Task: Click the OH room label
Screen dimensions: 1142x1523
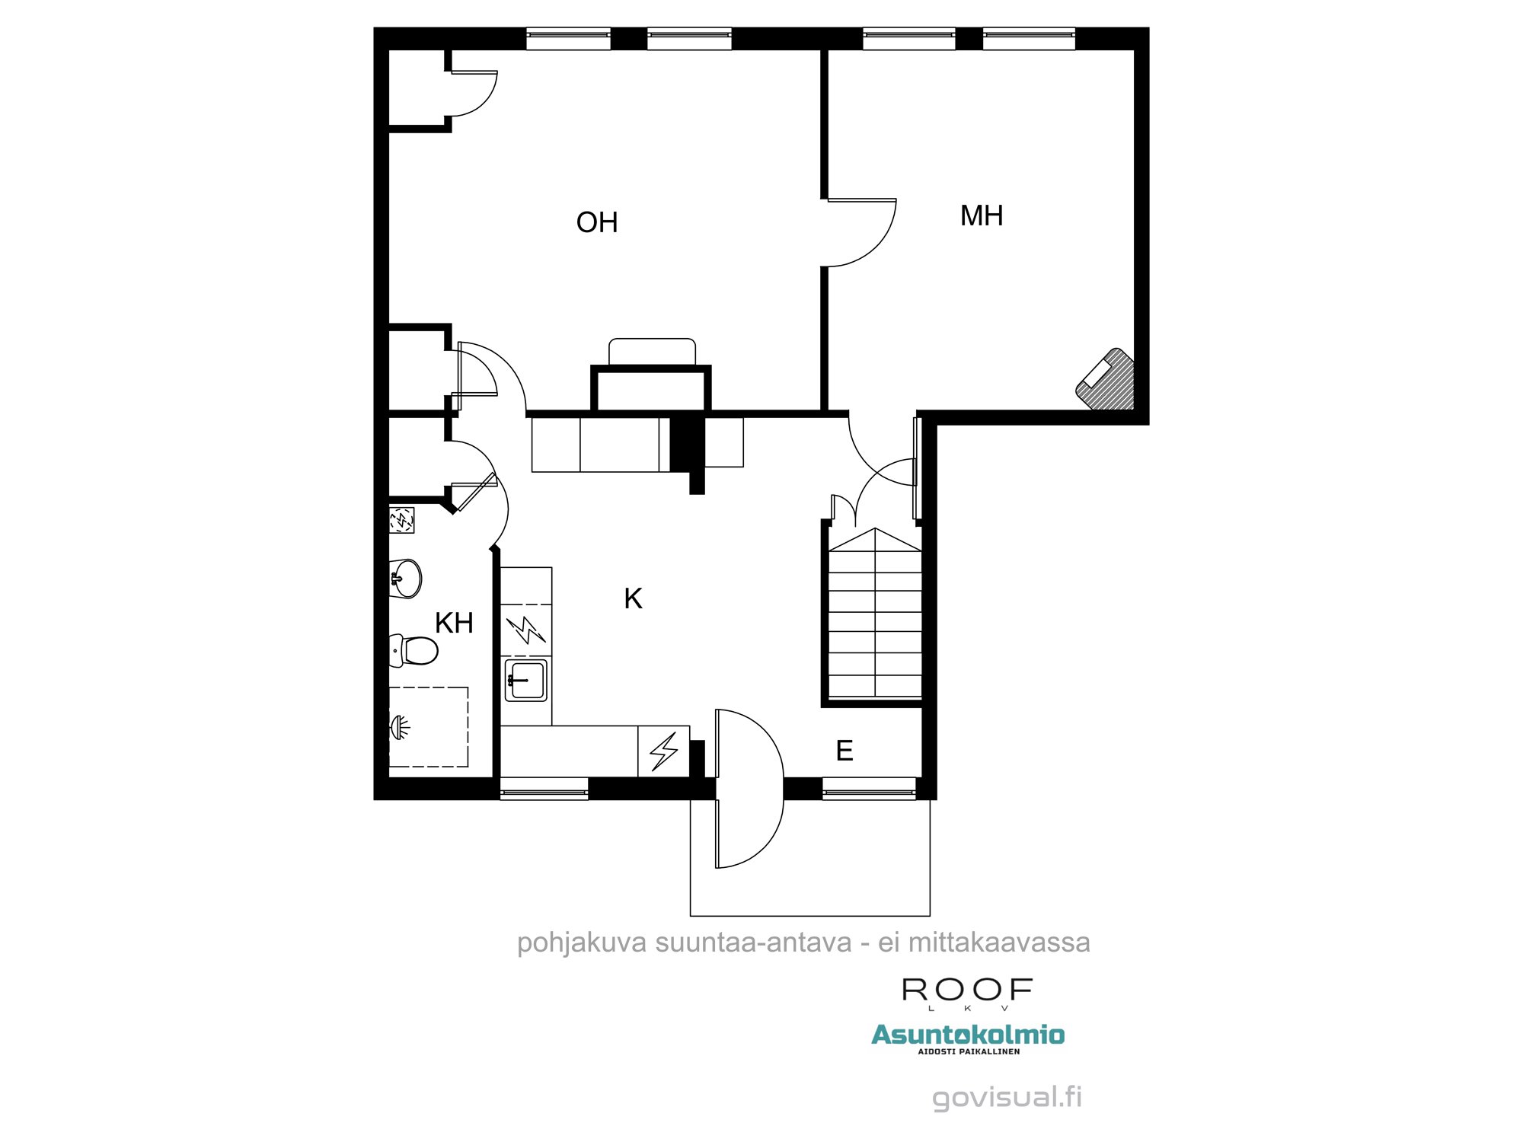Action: (597, 223)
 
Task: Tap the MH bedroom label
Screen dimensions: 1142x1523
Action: (982, 216)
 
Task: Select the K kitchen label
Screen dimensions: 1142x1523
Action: (633, 599)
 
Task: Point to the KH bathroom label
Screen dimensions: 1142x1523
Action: (454, 624)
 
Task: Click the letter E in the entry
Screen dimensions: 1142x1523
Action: (845, 751)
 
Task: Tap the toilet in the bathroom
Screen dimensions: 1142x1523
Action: (414, 651)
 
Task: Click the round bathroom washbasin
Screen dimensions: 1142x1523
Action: (406, 579)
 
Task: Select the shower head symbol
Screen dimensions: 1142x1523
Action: (400, 727)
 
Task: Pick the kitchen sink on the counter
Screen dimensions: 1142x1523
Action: (526, 680)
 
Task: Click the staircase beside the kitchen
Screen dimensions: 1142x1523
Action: (875, 617)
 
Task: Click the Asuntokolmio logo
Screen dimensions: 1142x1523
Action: (968, 1035)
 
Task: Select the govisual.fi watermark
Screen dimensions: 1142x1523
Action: (1007, 1097)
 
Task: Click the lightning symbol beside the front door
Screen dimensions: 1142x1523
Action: (664, 751)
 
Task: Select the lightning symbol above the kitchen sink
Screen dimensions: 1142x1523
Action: (526, 630)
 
